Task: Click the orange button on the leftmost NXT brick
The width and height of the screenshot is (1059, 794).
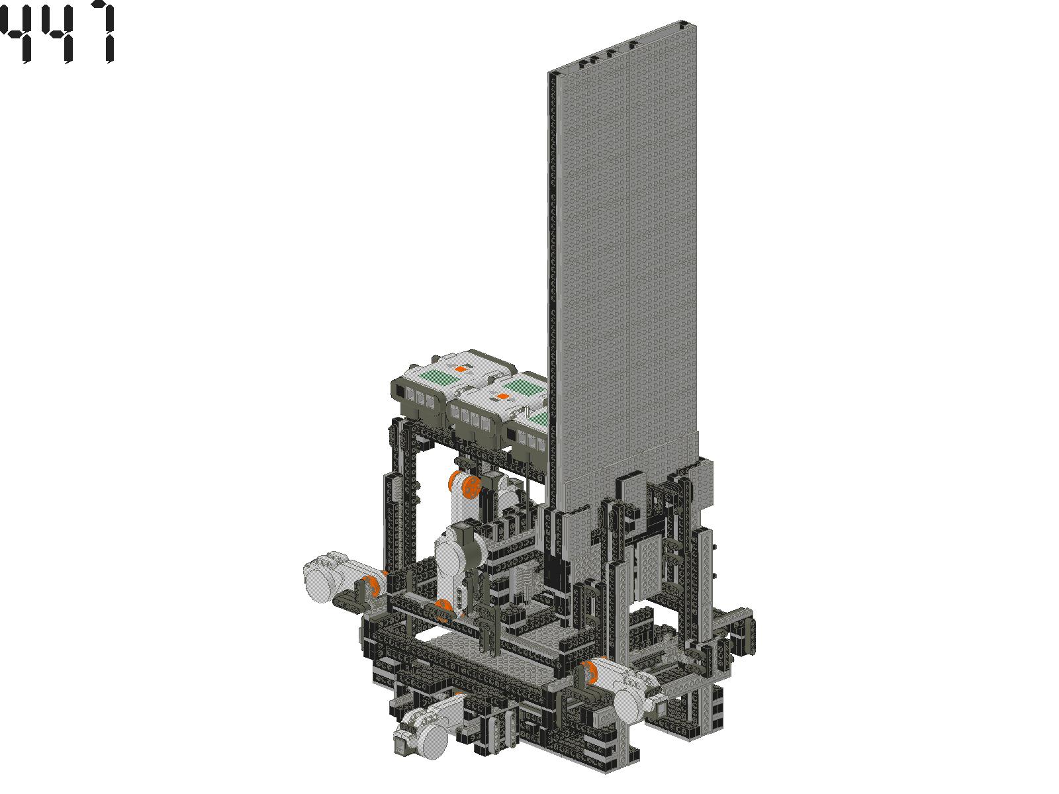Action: click(x=462, y=369)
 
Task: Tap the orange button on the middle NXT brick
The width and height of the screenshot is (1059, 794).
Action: click(x=502, y=396)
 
